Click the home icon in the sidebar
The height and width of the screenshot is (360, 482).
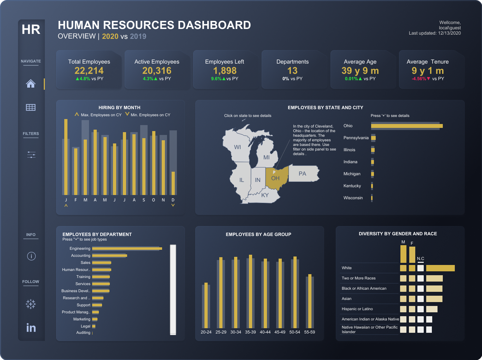[x=31, y=84]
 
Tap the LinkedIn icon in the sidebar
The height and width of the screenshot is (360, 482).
[x=31, y=328]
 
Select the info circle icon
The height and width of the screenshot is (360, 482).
[x=31, y=256]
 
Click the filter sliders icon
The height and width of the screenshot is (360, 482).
[x=31, y=154]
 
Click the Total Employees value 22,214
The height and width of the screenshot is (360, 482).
[x=89, y=71]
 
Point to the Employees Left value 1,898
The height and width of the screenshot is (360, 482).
[x=225, y=71]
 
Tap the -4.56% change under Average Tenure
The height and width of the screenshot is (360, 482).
[x=419, y=79]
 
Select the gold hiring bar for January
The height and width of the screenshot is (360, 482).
[x=66, y=157]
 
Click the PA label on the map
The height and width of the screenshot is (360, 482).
[x=302, y=174]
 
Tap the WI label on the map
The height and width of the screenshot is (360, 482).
[x=237, y=147]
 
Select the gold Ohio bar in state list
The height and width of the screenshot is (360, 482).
[x=406, y=126]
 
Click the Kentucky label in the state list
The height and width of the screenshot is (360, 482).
[x=352, y=186]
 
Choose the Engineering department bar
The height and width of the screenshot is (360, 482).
[x=127, y=249]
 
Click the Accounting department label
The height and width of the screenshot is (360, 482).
[x=81, y=255]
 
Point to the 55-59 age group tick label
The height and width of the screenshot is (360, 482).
[x=309, y=332]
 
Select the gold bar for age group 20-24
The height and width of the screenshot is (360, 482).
[x=206, y=305]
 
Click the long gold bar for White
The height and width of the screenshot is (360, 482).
[x=440, y=268]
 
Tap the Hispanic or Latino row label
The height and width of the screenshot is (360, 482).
[x=357, y=309]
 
